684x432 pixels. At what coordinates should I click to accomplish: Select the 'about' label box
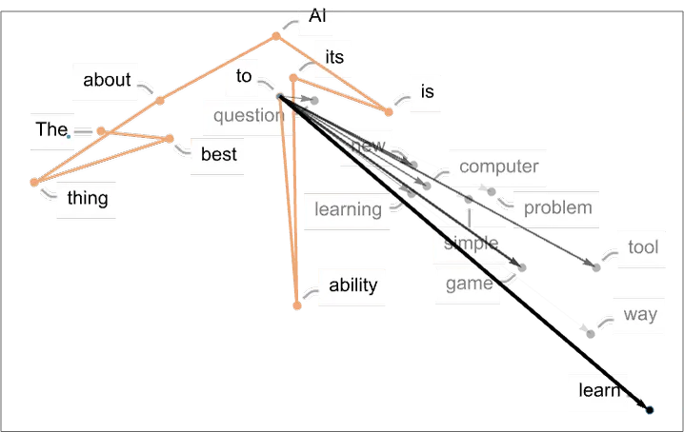pyautogui.click(x=107, y=80)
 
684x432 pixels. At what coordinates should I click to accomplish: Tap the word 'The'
pyautogui.click(x=48, y=129)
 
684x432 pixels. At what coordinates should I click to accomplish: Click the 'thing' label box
pyautogui.click(x=87, y=198)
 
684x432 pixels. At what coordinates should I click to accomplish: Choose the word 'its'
pyautogui.click(x=333, y=57)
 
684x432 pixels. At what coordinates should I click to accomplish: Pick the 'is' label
pyautogui.click(x=427, y=91)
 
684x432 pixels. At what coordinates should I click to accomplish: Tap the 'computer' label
pyautogui.click(x=498, y=167)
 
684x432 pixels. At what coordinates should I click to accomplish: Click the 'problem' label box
pyautogui.click(x=557, y=206)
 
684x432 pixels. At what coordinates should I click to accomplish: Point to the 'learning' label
pyautogui.click(x=348, y=208)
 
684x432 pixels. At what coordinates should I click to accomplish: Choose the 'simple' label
pyautogui.click(x=471, y=243)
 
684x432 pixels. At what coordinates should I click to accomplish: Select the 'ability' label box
pyautogui.click(x=353, y=285)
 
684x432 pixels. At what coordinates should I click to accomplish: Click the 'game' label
pyautogui.click(x=469, y=284)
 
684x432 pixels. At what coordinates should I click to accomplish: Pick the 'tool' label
pyautogui.click(x=643, y=247)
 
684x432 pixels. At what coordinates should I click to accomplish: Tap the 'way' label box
pyautogui.click(x=640, y=313)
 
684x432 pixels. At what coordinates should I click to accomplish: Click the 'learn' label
pyautogui.click(x=599, y=390)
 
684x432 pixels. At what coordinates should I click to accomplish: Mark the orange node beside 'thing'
pyautogui.click(x=34, y=182)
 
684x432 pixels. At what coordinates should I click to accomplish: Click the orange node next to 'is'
pyautogui.click(x=389, y=113)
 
